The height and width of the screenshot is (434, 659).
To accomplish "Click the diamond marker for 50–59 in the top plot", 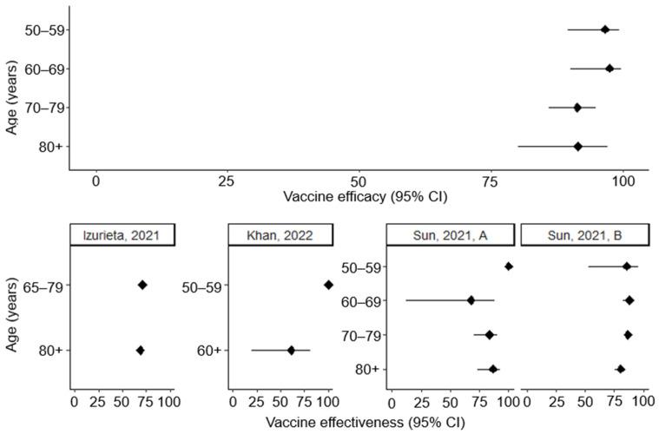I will [605, 30].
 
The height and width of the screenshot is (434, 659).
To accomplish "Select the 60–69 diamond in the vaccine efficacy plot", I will [610, 69].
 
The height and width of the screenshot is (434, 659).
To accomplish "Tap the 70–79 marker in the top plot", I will [577, 107].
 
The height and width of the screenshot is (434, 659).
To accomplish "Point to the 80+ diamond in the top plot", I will [578, 146].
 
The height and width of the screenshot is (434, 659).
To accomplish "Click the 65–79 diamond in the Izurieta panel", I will [142, 285].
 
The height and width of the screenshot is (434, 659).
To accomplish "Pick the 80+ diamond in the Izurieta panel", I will [141, 350].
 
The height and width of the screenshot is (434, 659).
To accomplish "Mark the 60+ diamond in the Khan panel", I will [291, 350].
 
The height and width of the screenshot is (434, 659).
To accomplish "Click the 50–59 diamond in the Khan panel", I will [328, 285].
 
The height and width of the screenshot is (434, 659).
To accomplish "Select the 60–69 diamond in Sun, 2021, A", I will [471, 300].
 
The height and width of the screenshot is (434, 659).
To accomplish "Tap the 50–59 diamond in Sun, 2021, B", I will [626, 266].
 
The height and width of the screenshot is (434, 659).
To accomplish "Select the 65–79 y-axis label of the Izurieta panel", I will [44, 285].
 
